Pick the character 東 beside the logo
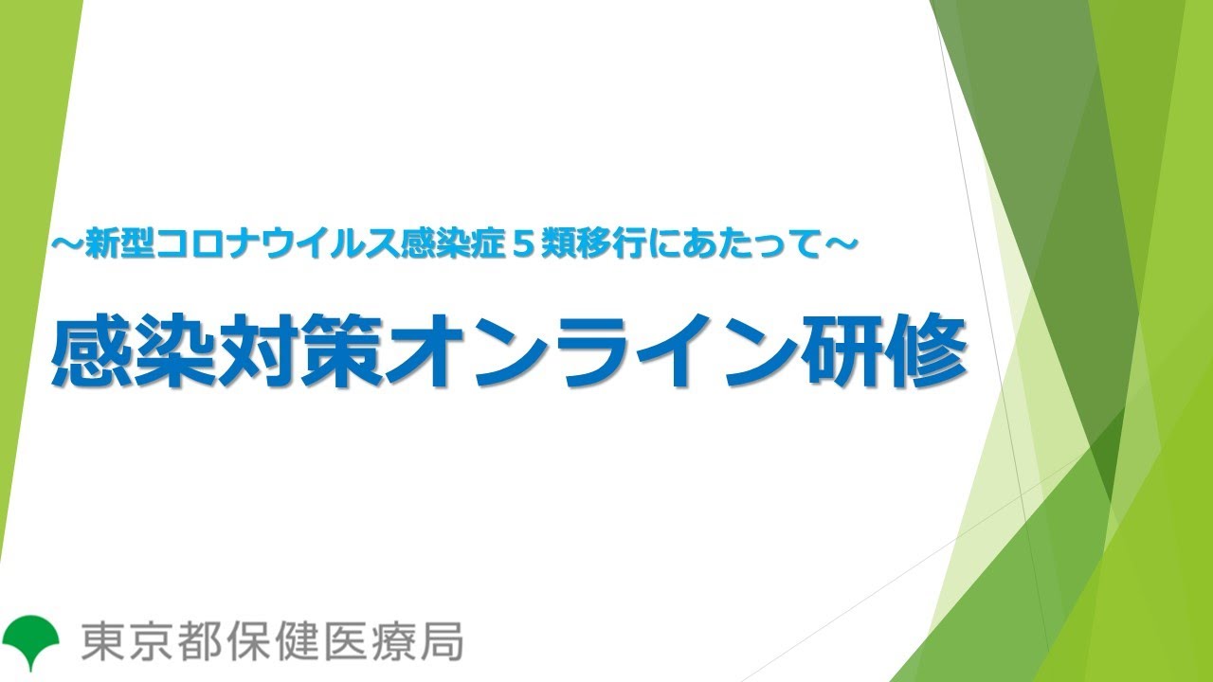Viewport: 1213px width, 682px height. pyautogui.click(x=100, y=641)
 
